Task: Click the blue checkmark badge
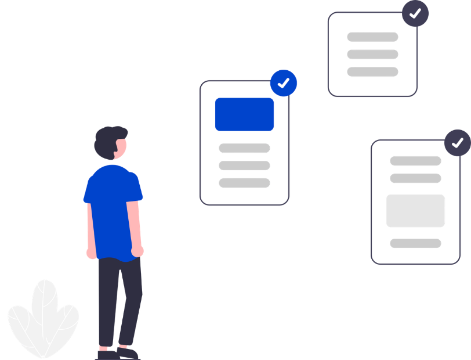click(x=284, y=83)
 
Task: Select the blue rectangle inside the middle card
click(x=244, y=114)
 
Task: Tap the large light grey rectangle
click(x=416, y=210)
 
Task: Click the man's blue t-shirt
click(x=113, y=209)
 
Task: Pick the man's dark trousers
click(x=119, y=302)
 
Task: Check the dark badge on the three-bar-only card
click(x=415, y=13)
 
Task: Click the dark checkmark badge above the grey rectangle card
click(x=458, y=142)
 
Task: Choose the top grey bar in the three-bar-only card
click(x=372, y=37)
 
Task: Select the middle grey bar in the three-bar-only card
click(x=372, y=54)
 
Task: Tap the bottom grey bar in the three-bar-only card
click(x=372, y=71)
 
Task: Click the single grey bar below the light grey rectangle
click(x=415, y=243)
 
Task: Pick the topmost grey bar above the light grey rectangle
click(x=415, y=161)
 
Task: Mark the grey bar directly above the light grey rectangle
click(x=415, y=178)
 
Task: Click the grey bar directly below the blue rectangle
click(x=244, y=148)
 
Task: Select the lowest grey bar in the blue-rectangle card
click(x=244, y=182)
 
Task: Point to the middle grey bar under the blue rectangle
click(x=244, y=165)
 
